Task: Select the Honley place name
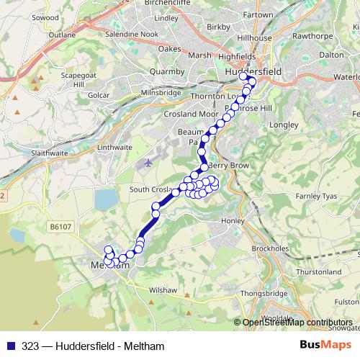tap(235, 220)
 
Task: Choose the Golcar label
tap(97, 95)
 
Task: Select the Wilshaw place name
tap(161, 289)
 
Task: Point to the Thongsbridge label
tap(264, 293)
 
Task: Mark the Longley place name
tap(283, 125)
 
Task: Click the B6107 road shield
tap(61, 227)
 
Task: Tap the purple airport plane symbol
tap(148, 162)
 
